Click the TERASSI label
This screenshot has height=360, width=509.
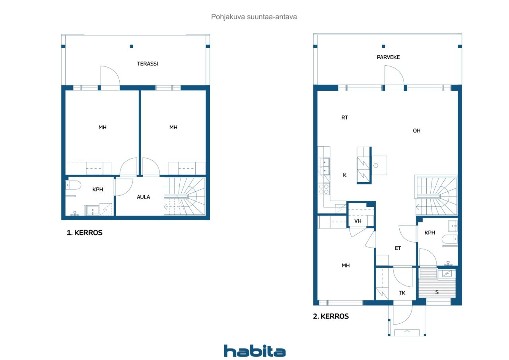(x=148, y=63)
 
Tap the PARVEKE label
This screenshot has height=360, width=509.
(x=388, y=57)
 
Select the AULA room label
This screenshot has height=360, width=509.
(x=144, y=197)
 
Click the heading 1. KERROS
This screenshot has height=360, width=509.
(x=84, y=233)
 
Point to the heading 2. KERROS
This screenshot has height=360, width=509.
(x=331, y=316)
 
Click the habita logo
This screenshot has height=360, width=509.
(x=254, y=351)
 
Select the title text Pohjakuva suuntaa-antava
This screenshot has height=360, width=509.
(x=254, y=17)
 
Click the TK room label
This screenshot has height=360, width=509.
(x=402, y=293)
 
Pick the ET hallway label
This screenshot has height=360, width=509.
(x=398, y=248)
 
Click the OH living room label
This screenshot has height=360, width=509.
(x=416, y=131)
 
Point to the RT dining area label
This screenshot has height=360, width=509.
(x=345, y=118)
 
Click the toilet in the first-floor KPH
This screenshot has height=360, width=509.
(x=74, y=185)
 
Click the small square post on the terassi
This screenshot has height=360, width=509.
(x=131, y=46)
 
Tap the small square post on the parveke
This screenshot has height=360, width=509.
(x=383, y=46)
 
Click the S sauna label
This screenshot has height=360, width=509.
(x=437, y=292)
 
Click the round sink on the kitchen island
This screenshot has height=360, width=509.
(x=375, y=165)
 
